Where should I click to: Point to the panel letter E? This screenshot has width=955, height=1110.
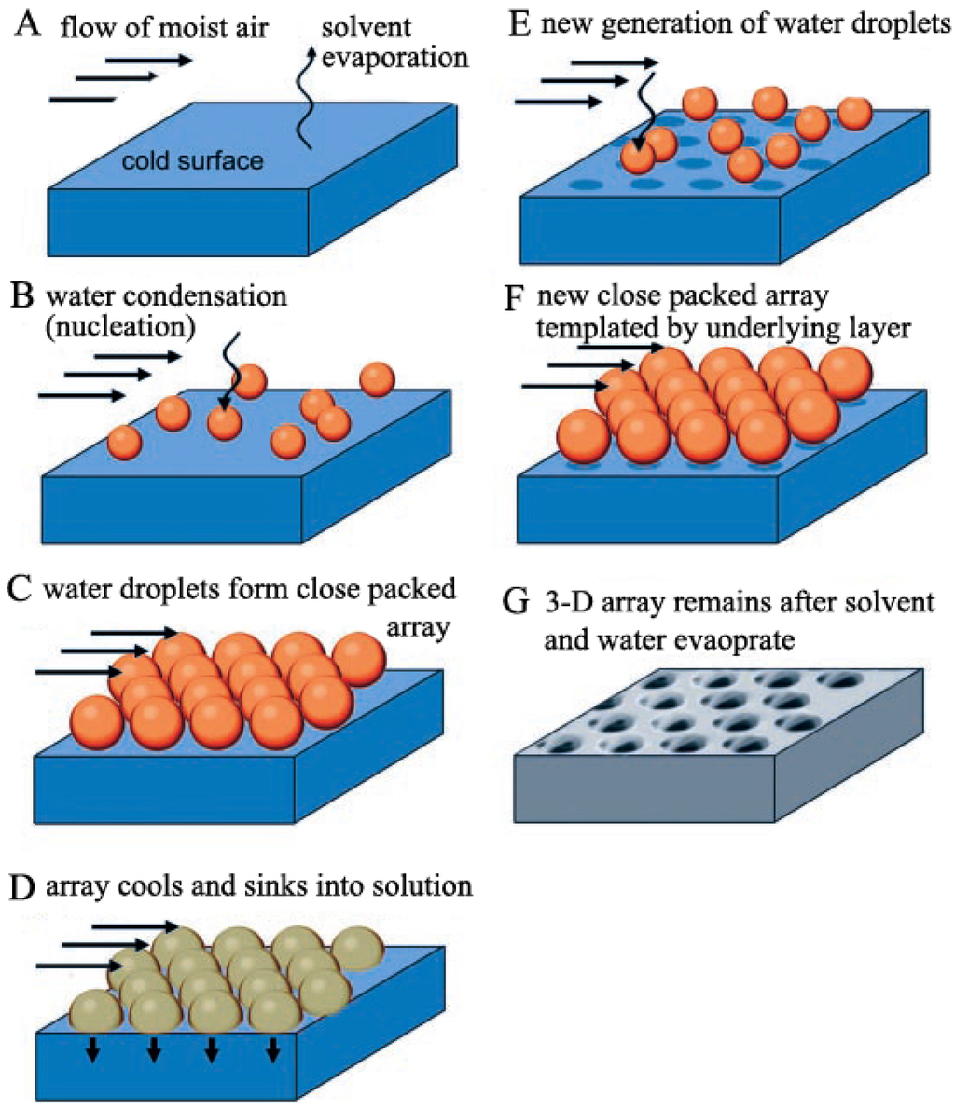tap(519, 23)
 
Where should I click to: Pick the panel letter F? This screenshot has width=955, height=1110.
tap(519, 299)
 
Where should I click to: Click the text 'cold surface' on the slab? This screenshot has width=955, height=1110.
tap(192, 161)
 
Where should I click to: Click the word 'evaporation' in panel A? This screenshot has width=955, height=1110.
tap(394, 58)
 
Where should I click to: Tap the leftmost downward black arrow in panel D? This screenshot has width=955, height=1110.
tap(93, 1050)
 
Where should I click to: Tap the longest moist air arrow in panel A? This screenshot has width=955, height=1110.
tap(149, 61)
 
